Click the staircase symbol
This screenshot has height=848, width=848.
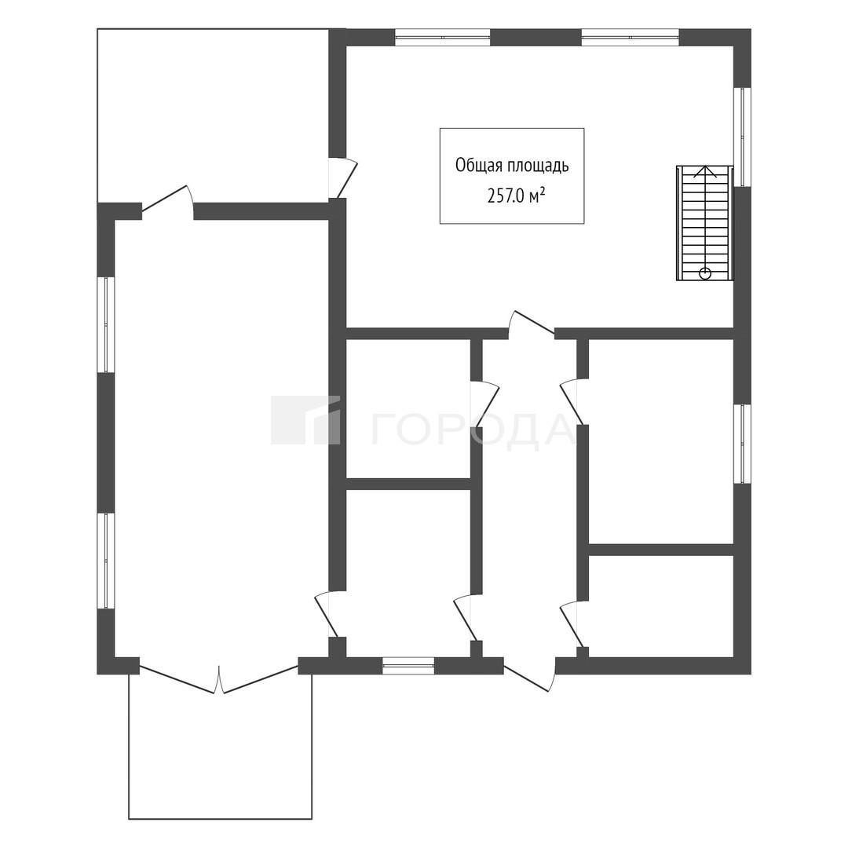(x=704, y=223)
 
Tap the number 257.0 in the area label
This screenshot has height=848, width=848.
(x=506, y=196)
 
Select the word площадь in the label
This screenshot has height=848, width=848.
(x=538, y=166)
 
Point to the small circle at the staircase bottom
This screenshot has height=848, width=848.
(x=704, y=274)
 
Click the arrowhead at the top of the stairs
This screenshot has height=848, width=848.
(x=704, y=172)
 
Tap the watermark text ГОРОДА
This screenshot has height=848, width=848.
(x=472, y=431)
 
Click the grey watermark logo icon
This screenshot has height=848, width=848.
(x=305, y=420)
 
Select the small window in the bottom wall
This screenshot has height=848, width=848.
(x=408, y=666)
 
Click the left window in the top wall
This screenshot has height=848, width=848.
(x=442, y=38)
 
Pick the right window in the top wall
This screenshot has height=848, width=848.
(x=630, y=38)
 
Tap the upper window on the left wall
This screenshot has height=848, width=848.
(x=106, y=324)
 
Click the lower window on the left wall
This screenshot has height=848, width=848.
(x=106, y=561)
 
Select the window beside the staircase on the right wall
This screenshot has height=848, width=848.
(x=742, y=137)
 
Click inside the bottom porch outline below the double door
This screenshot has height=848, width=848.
(x=220, y=757)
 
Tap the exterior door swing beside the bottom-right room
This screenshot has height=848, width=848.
(x=530, y=675)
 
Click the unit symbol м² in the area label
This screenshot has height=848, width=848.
(x=536, y=196)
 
